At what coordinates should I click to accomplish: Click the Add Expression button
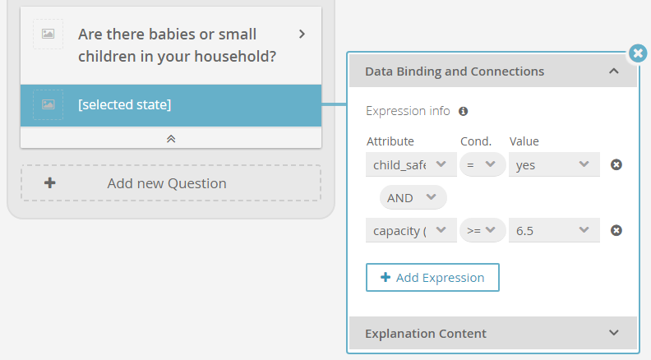coord(432,277)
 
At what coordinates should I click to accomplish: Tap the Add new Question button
coord(171,183)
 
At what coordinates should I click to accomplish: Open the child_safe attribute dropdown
coord(411,165)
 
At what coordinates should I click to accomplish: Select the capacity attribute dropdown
coord(411,230)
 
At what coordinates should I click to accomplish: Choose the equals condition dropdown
coord(482,165)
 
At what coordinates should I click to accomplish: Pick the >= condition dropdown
coord(482,230)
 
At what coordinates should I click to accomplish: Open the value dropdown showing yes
coord(554,165)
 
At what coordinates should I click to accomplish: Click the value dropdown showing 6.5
coord(554,230)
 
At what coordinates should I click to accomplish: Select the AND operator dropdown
coord(413,197)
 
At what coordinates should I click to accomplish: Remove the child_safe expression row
coord(616,165)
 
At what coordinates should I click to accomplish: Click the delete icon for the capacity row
coord(616,230)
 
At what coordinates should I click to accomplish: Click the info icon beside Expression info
coord(464,111)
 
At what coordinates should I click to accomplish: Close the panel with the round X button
coord(638,53)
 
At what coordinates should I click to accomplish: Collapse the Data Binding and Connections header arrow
coord(614,72)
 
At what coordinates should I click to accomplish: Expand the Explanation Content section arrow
coord(614,333)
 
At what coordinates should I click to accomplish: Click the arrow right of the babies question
coord(302,34)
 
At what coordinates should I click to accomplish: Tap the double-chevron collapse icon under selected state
coord(171,139)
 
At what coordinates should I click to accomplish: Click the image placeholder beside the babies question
coord(48,34)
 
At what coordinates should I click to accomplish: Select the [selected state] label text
coord(125,104)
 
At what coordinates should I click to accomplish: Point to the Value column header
coord(524,141)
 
